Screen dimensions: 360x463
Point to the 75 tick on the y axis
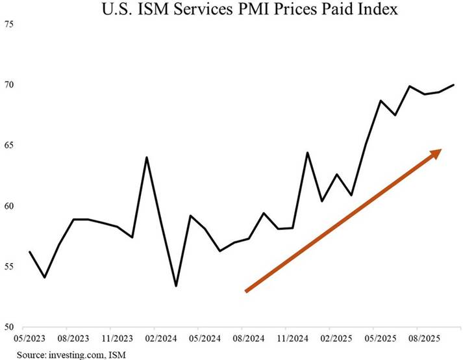(9, 24)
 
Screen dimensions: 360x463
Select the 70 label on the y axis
(9, 85)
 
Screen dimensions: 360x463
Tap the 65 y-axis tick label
(9, 146)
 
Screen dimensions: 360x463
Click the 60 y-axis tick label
(9, 206)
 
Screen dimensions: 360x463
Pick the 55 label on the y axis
(9, 267)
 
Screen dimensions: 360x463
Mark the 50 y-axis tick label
(9, 328)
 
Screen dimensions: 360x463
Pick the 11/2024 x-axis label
(290, 339)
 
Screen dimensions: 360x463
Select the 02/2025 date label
(334, 339)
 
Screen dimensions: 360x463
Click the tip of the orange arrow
(441, 150)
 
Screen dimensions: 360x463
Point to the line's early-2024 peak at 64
(146, 157)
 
